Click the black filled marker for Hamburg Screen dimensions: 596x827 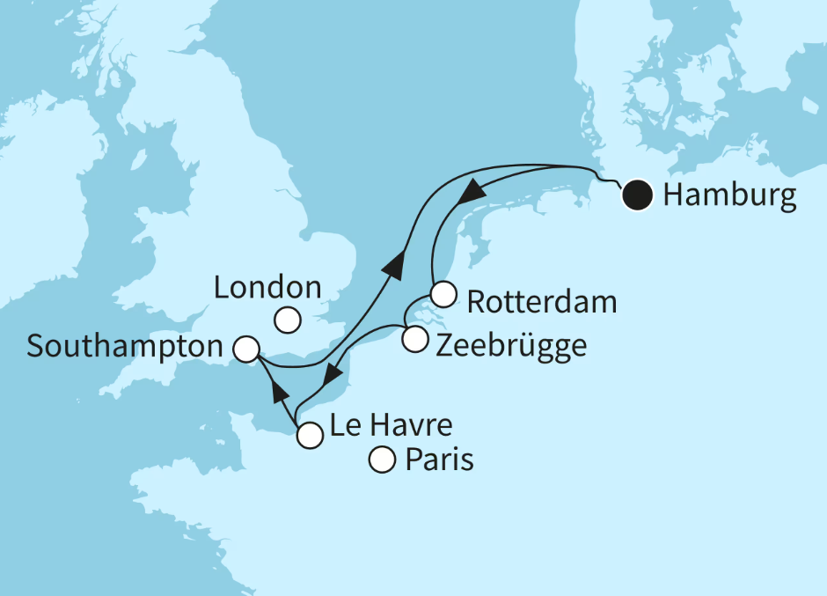(x=636, y=195)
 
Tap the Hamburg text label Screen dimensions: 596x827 (x=729, y=195)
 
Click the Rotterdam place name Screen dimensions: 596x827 (x=541, y=303)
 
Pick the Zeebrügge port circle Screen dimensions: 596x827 (x=414, y=338)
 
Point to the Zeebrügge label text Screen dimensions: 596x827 (x=510, y=345)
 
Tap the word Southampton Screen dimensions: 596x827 (x=125, y=346)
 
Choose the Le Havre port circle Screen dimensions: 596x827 (x=309, y=435)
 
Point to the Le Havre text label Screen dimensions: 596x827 (x=391, y=428)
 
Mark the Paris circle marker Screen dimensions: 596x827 (x=382, y=460)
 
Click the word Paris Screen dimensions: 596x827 (x=438, y=460)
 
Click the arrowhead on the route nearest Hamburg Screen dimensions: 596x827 (x=472, y=190)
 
